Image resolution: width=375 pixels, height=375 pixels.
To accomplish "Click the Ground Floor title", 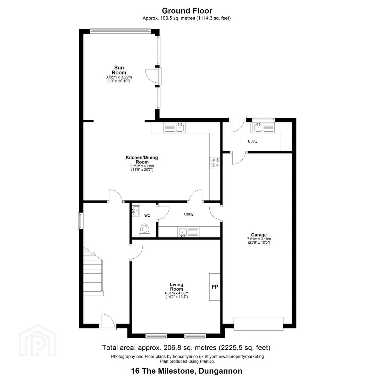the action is click(x=187, y=11).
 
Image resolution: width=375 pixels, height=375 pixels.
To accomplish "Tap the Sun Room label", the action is click(x=119, y=70).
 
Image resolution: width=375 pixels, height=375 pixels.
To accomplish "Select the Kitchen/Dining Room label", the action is click(x=142, y=159).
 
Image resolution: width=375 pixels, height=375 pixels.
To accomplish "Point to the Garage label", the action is click(x=259, y=235).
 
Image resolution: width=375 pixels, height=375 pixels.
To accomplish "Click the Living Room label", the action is click(x=176, y=287).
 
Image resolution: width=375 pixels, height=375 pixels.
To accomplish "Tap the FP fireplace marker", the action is click(x=215, y=287).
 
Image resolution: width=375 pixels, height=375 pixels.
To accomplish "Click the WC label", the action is click(x=147, y=216).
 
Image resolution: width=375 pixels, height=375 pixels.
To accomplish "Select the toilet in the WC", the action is click(x=144, y=230).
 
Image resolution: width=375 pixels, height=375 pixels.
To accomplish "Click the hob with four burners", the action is click(x=215, y=162).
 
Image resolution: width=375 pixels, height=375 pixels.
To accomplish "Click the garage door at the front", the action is click(x=258, y=324).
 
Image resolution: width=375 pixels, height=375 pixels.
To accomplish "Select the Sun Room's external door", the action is click(x=153, y=76).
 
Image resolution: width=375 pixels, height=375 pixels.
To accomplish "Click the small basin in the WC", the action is click(x=136, y=210).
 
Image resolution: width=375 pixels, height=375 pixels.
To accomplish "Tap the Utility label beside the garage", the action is click(x=252, y=141).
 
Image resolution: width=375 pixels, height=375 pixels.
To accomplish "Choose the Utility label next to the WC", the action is click(x=189, y=214).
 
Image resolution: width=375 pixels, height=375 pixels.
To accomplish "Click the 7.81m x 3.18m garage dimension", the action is click(x=259, y=239).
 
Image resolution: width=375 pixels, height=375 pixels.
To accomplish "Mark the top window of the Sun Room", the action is click(x=120, y=30).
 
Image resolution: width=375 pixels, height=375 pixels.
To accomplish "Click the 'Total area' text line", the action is click(x=186, y=348).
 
